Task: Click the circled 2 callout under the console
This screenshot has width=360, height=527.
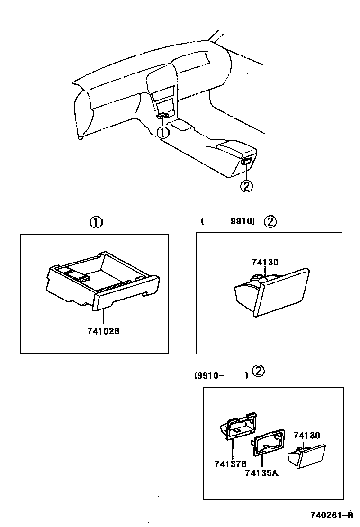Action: [x=246, y=186]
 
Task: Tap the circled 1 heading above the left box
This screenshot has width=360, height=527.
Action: [x=96, y=222]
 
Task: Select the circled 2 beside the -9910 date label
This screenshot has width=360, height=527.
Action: [x=270, y=222]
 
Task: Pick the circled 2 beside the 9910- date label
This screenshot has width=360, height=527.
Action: [x=258, y=371]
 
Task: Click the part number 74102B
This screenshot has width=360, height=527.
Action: [x=103, y=331]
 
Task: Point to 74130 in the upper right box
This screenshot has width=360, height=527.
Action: [x=265, y=262]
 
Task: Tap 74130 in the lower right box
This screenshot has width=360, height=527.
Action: [x=306, y=436]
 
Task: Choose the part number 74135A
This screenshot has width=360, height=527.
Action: [x=261, y=472]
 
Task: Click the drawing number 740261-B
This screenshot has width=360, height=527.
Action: [x=332, y=515]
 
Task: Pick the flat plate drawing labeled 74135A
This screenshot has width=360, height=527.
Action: [x=268, y=442]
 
